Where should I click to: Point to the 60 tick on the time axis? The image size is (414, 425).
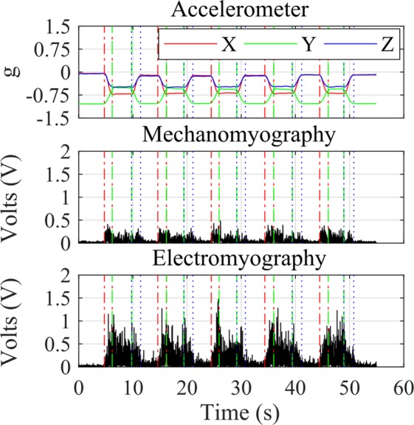[401, 384]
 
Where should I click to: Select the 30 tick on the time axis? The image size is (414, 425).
[240, 384]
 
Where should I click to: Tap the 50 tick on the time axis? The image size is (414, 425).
[348, 384]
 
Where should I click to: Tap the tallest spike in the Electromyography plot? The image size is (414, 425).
[219, 300]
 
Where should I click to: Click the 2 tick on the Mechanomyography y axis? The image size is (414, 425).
[65, 151]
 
